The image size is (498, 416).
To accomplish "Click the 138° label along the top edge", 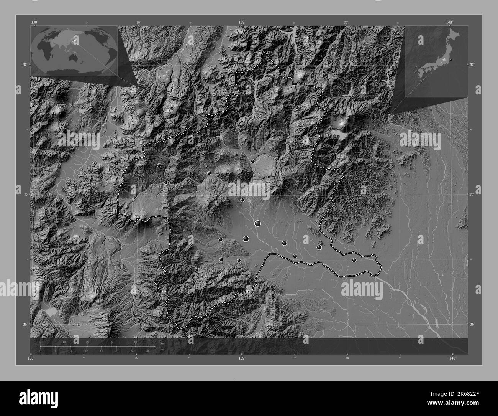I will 34,22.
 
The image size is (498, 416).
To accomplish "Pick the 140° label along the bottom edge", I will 452,358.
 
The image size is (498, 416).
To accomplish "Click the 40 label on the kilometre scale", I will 135,342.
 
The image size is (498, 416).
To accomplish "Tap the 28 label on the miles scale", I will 147,351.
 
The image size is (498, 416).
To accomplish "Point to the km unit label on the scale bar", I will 163,343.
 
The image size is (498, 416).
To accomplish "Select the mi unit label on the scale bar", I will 163,349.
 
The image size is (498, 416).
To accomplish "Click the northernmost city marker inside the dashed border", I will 297,108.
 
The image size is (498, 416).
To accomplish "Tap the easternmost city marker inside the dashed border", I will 354,260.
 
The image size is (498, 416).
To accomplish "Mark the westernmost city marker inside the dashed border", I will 159,165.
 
